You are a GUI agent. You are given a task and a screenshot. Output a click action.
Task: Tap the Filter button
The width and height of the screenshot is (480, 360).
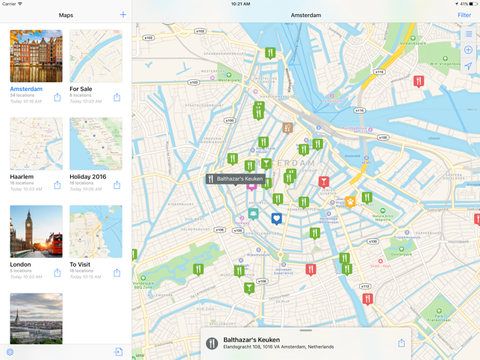464,15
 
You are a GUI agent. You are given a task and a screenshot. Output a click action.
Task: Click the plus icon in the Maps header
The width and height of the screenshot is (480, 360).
123,15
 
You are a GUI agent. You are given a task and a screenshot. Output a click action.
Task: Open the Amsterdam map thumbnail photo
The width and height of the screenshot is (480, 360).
36,56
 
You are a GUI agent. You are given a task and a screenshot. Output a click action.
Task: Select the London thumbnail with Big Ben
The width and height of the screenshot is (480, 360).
36,232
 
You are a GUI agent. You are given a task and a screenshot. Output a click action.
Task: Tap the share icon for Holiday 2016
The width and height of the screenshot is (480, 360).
117,184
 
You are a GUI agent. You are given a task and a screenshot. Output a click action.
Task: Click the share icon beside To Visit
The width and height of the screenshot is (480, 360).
117,273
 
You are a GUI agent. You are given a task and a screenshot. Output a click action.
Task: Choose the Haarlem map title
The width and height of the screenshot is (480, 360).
22,177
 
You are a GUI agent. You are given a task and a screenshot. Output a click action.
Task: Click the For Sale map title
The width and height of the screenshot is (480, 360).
81,89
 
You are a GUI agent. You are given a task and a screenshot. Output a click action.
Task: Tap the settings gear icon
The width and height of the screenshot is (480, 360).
10,352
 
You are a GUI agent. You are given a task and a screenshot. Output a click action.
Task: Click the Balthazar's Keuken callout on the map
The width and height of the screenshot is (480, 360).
236,179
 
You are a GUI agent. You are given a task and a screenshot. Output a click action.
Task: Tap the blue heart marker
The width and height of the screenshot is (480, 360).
277,218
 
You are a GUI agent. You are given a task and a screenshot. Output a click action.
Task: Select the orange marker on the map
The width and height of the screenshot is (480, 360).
350,202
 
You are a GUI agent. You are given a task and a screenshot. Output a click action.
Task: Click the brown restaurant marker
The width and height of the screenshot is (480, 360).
287,128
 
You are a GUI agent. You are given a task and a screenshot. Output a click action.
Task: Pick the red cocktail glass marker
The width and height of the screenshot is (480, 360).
324,181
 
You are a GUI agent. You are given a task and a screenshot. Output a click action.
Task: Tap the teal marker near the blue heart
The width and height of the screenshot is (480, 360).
254,214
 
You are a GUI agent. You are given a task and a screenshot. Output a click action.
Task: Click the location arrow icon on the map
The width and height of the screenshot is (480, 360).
468,66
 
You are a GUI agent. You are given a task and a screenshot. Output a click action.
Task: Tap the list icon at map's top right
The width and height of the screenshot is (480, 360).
468,34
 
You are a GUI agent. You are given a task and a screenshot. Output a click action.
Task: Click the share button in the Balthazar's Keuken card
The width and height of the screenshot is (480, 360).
401,343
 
